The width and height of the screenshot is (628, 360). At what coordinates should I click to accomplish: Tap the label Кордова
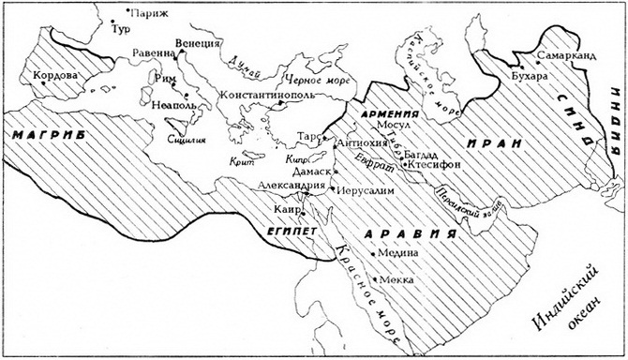click(52, 74)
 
